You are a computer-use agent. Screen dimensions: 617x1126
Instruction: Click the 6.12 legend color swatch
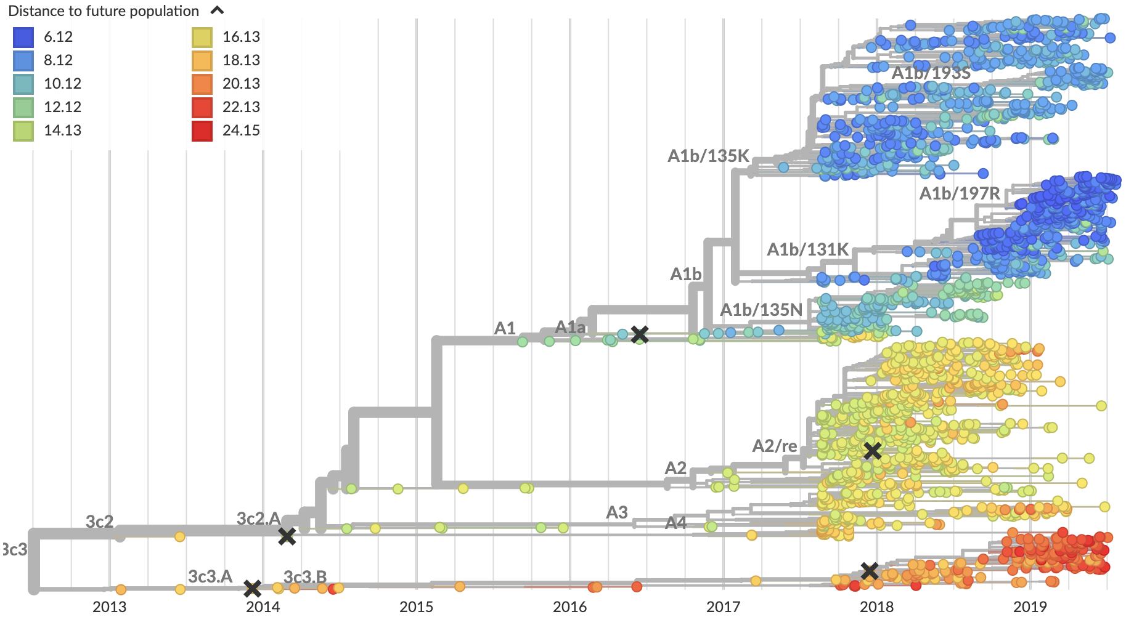click(23, 38)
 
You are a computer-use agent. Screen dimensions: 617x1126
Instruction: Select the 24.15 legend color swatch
click(202, 131)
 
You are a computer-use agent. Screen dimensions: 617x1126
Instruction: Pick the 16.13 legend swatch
click(202, 38)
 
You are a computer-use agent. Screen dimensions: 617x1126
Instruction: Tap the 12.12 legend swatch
click(23, 108)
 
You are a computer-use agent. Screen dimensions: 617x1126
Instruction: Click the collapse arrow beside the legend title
click(217, 10)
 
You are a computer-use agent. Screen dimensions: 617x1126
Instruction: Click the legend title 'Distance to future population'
click(104, 11)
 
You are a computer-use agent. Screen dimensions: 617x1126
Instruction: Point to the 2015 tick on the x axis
click(416, 607)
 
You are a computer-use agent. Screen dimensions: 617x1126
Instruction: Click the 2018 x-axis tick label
click(876, 607)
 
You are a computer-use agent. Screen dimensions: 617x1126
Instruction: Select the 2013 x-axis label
click(109, 607)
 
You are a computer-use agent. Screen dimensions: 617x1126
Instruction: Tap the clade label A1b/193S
click(931, 73)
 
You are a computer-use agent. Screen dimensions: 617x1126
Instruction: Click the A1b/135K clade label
click(708, 156)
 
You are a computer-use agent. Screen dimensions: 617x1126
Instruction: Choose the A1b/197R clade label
click(960, 194)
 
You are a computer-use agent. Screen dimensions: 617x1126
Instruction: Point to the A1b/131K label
click(807, 249)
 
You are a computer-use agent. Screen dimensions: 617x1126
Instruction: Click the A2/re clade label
click(775, 446)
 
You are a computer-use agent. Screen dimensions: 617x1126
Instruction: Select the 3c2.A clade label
click(258, 518)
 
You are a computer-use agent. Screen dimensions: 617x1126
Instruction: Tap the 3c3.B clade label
click(305, 577)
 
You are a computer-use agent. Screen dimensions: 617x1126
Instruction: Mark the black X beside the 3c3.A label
click(252, 589)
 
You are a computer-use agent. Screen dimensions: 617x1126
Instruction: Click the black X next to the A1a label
click(640, 335)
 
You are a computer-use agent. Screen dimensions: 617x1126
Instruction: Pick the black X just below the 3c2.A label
click(287, 536)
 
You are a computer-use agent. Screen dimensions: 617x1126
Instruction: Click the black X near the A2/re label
click(872, 451)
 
